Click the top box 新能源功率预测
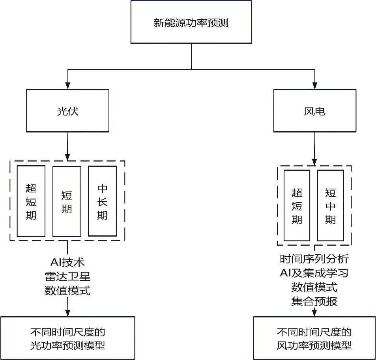[191, 22]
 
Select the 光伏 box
[67, 110]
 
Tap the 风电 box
[314, 110]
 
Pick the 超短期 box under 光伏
[31, 201]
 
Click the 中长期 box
[102, 201]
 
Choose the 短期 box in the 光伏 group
[67, 201]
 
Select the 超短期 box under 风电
[297, 205]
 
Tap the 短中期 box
[330, 205]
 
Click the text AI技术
[67, 262]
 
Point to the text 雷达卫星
[67, 276]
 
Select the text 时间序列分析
[314, 259]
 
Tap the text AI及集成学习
[314, 273]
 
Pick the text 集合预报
[314, 302]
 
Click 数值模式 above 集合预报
[314, 287]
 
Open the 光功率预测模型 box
[67, 338]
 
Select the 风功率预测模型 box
[314, 338]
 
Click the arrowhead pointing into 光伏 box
[67, 85]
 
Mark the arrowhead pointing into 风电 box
[314, 85]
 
